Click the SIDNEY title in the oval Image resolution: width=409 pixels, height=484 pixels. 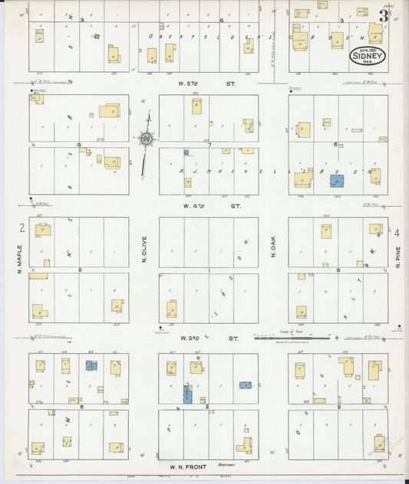[368, 55]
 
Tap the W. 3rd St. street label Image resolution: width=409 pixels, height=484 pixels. [208, 337]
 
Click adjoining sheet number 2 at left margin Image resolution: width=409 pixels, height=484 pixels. [23, 228]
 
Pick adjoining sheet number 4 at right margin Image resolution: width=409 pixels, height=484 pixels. [397, 232]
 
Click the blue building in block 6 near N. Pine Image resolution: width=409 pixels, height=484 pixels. [336, 181]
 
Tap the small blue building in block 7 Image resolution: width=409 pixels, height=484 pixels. [186, 152]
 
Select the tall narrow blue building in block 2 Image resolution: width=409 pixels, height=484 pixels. [187, 394]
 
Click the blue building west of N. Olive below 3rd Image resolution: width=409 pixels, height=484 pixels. [91, 366]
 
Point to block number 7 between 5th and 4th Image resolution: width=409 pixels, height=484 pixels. [208, 144]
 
